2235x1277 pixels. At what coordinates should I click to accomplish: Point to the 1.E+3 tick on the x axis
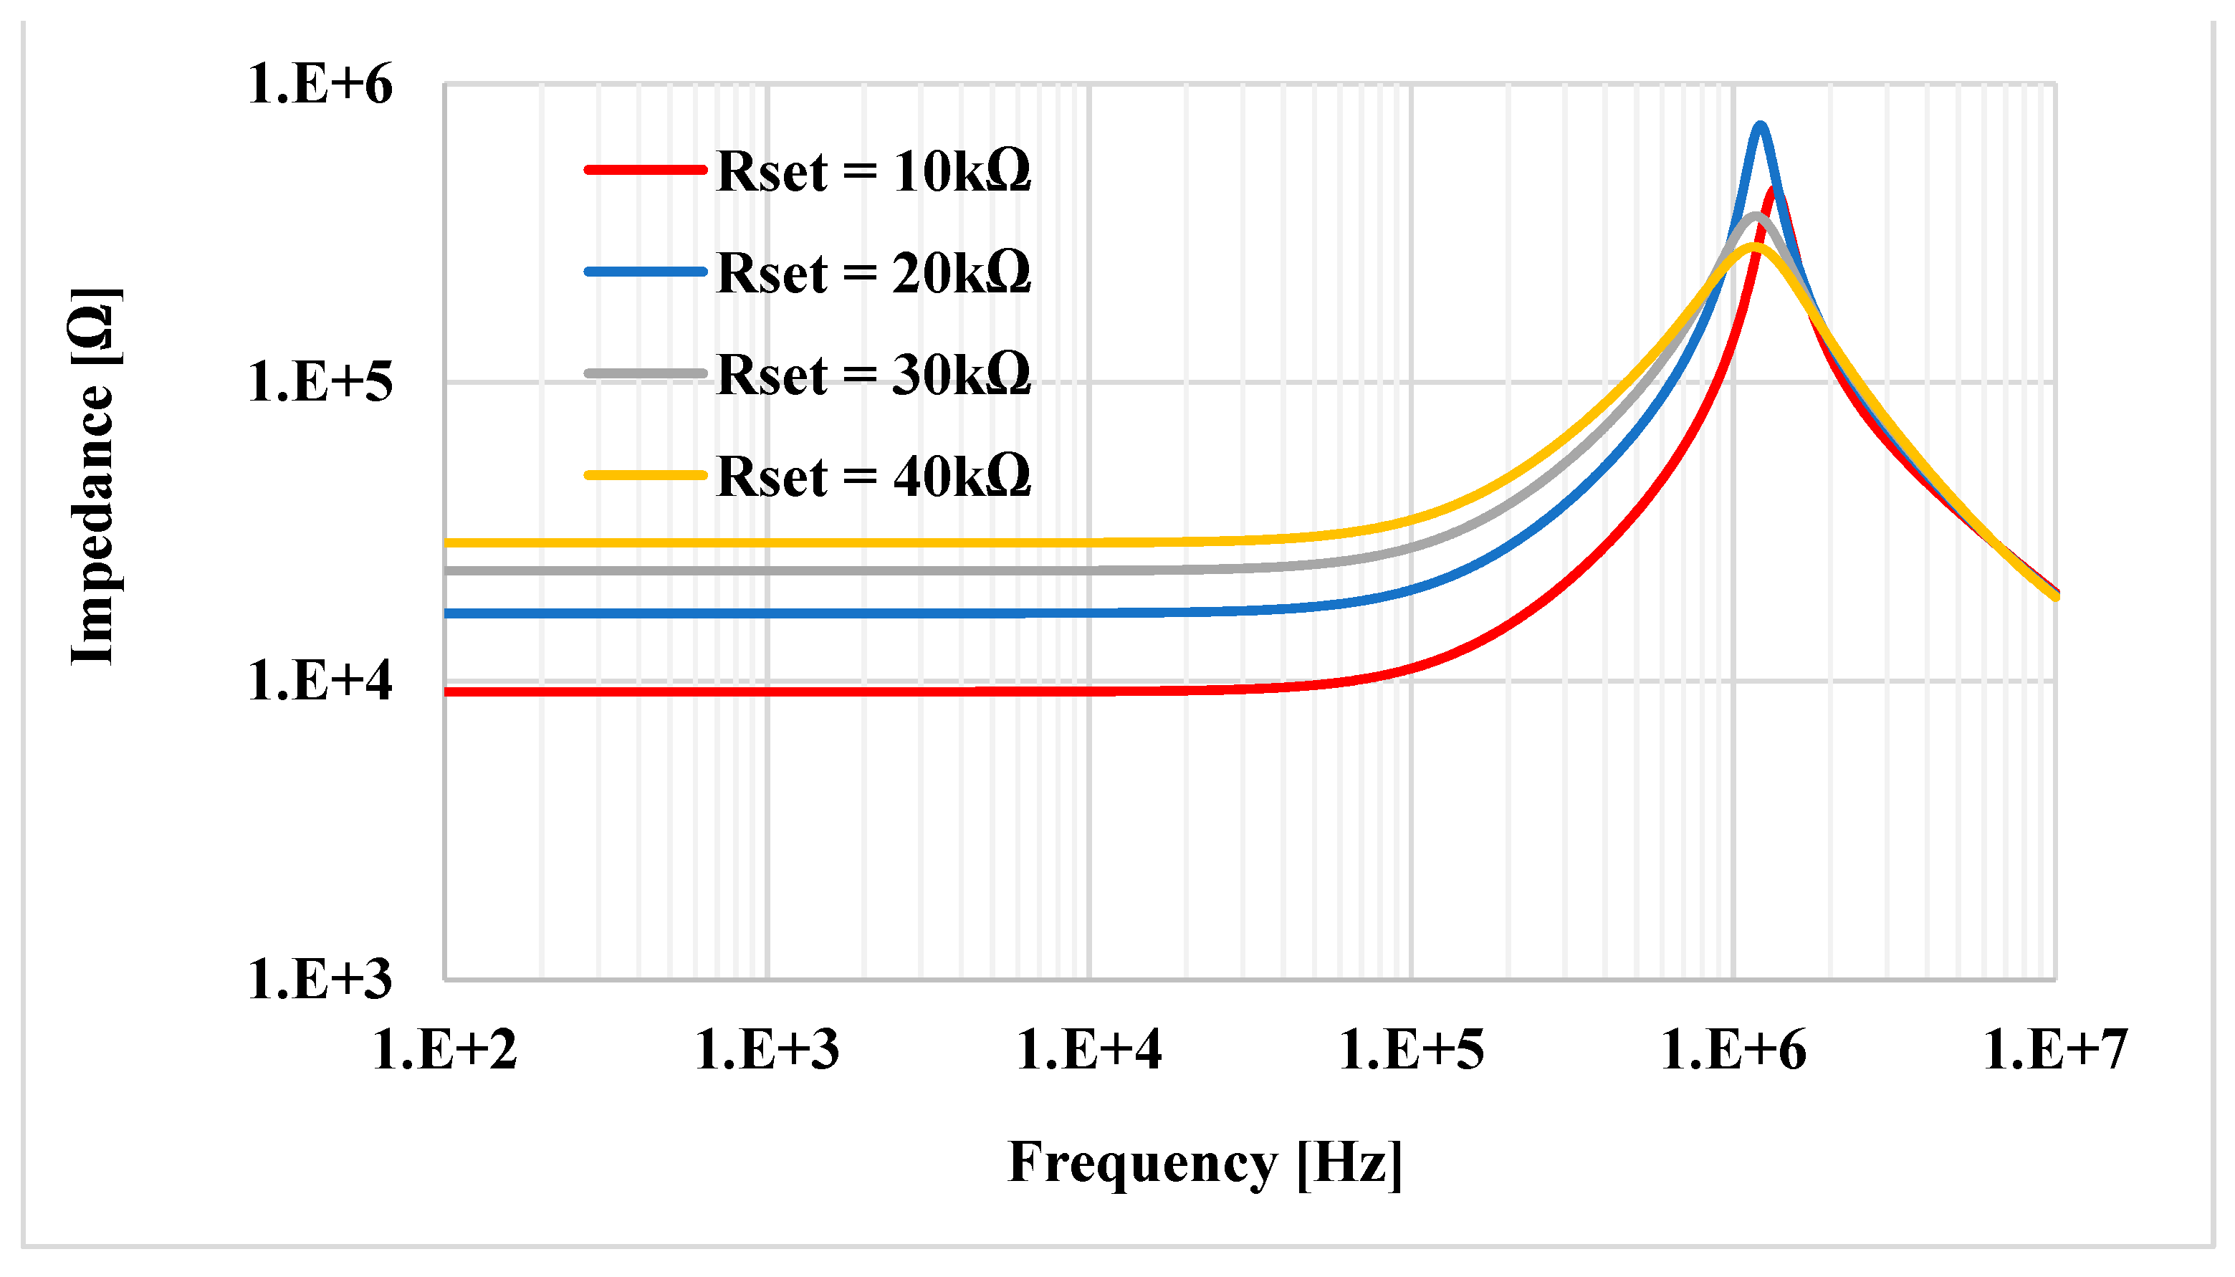tap(767, 1050)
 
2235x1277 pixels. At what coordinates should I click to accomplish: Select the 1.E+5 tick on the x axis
tap(1412, 1050)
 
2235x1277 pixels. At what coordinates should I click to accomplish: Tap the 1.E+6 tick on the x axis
tap(1733, 1050)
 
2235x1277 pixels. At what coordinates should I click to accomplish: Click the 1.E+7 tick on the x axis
tap(2055, 1050)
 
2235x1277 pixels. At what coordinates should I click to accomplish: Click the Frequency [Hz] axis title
tap(1205, 1163)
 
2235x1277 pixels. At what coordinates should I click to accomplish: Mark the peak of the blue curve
tap(1760, 126)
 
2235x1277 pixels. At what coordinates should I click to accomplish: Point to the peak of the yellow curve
tap(1753, 247)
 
